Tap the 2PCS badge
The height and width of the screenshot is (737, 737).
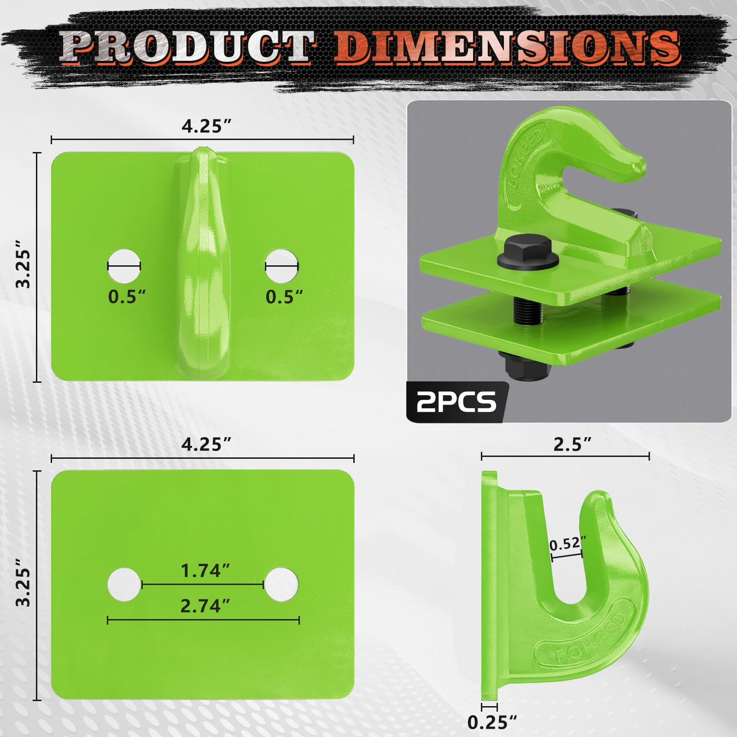coord(456,402)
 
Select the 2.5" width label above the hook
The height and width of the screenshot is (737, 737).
coord(572,445)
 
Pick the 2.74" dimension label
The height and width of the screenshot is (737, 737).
coord(205,606)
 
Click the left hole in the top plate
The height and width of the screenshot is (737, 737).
coord(124,266)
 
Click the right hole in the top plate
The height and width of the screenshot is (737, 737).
coord(282,266)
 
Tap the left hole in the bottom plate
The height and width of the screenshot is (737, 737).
coord(124,585)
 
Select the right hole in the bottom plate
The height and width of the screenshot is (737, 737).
coord(282,585)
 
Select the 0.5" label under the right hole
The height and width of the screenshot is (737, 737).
coord(284,297)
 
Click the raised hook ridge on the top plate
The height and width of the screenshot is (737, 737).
coord(203,263)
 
